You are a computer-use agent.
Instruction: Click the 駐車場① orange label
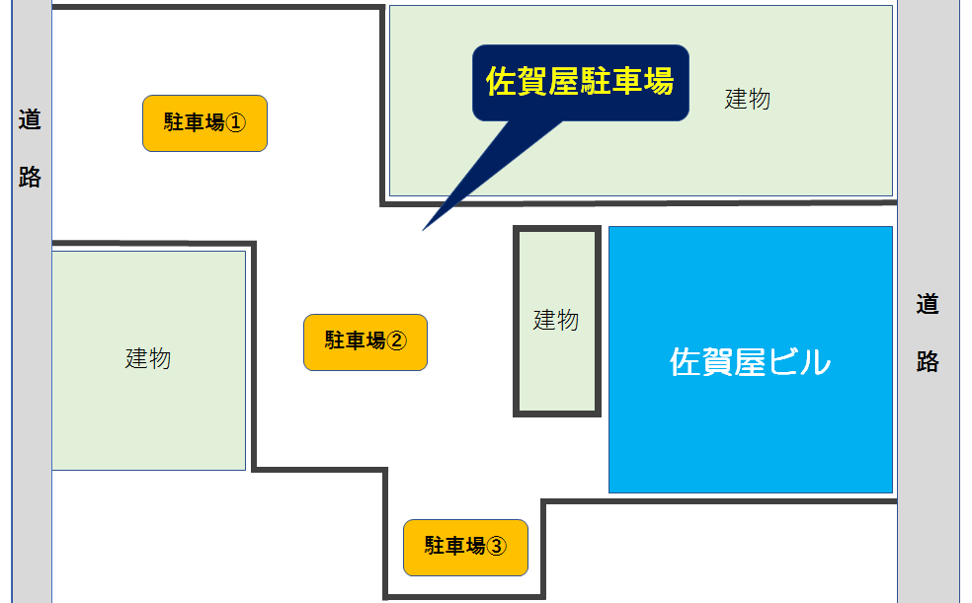204,123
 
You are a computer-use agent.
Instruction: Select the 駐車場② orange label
364,341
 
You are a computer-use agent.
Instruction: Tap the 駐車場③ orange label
465,547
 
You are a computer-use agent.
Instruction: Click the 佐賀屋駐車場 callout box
580,83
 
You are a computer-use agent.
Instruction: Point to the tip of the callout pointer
424,230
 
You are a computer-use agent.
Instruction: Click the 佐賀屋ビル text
750,362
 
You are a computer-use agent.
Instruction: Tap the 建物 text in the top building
747,99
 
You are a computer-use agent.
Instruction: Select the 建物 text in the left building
148,358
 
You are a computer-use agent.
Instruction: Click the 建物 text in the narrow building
556,320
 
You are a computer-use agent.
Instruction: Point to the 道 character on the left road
31,120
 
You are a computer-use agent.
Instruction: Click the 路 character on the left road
31,177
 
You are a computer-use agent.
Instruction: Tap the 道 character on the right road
927,304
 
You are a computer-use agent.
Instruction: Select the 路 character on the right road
927,361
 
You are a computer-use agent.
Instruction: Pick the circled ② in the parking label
396,341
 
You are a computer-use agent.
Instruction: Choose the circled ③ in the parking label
497,547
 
